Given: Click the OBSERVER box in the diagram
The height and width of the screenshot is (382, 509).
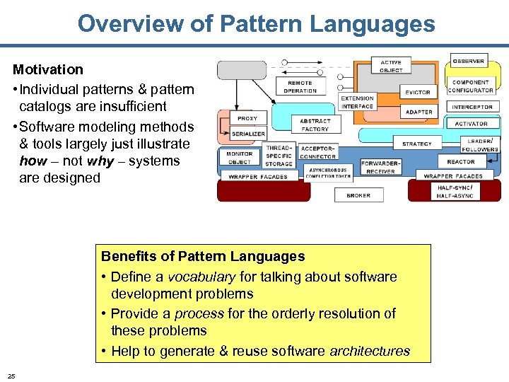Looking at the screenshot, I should (469, 62).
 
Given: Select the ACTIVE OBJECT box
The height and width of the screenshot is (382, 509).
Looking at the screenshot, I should (391, 66).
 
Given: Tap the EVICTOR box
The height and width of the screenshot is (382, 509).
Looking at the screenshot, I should (418, 92).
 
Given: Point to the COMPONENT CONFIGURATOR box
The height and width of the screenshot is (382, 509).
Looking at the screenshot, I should (470, 86).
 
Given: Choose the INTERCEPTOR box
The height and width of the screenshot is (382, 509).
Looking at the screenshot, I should (472, 107).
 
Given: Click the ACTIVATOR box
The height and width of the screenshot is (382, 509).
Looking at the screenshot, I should (471, 124).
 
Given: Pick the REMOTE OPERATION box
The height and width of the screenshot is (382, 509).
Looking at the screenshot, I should (300, 87).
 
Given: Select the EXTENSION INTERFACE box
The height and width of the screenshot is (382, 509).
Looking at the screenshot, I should (357, 103).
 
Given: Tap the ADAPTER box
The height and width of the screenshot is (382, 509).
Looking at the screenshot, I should (419, 112).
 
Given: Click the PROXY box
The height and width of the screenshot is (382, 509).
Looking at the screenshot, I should (247, 119).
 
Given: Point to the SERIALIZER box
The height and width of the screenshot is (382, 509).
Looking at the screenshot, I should (248, 134).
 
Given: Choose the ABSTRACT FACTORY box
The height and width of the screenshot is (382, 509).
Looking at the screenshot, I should (315, 125).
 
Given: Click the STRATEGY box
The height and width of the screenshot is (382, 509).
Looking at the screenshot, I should (416, 144).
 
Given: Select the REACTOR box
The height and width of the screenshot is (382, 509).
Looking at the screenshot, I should (461, 162).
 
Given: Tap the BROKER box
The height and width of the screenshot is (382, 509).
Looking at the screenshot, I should (358, 195).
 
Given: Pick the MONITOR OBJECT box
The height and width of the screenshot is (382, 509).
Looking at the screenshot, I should (239, 158).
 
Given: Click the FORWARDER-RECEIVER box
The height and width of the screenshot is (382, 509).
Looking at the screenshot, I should (381, 167).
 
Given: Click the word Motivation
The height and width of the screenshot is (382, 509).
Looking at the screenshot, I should (47, 69).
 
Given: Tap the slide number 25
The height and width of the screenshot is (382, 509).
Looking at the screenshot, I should (11, 375).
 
